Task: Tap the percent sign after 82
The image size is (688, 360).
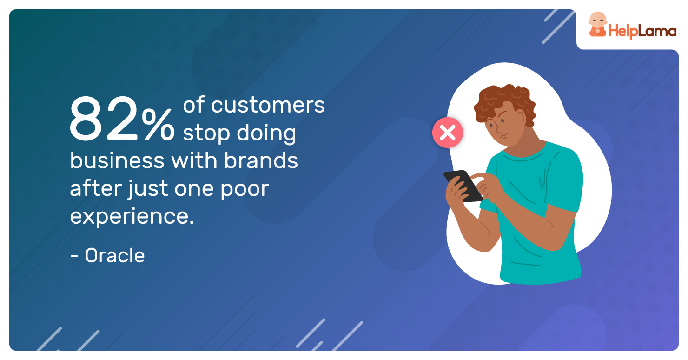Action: tap(159, 124)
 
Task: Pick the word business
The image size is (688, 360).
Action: tap(117, 160)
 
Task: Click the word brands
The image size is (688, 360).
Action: tap(261, 160)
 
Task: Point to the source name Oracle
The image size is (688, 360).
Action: tap(114, 255)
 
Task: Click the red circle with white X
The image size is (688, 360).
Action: tap(448, 133)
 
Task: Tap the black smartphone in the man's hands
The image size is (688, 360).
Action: tap(463, 186)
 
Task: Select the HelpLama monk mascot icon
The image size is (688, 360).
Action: tap(597, 24)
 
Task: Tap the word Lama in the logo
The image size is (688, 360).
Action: tap(657, 31)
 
